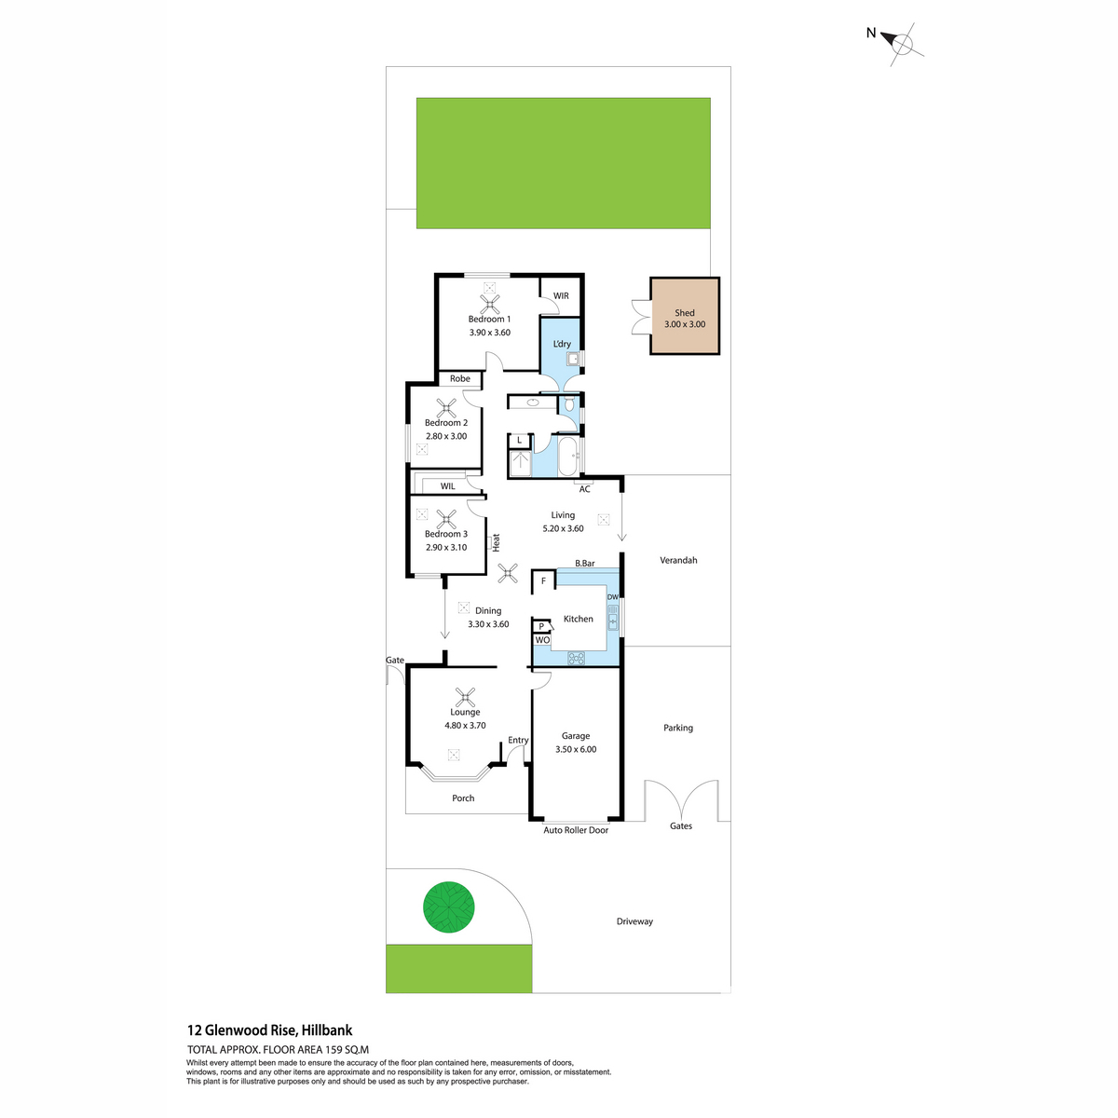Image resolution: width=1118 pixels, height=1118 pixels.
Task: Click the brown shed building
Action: (x=684, y=316)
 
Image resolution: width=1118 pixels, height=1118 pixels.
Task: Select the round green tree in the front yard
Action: (x=448, y=907)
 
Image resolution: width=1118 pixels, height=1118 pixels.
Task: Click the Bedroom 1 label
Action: (x=489, y=320)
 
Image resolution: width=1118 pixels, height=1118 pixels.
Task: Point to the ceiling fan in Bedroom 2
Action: (x=445, y=408)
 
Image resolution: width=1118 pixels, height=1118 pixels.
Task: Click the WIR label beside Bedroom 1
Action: (x=561, y=296)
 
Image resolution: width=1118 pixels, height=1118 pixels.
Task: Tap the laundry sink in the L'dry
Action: (x=573, y=359)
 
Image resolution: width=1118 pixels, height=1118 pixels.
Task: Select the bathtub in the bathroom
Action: (x=566, y=457)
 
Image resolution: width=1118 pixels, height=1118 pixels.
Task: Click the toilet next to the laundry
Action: (x=569, y=403)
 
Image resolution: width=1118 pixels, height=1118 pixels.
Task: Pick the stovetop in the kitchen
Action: (x=576, y=658)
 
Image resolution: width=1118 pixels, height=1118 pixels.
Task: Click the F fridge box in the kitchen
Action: (x=543, y=580)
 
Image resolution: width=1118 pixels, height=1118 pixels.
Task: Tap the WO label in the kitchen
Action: (x=542, y=640)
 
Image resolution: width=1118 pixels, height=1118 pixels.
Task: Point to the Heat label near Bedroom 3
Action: (x=496, y=542)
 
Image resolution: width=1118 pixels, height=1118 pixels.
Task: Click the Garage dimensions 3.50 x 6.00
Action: (x=576, y=749)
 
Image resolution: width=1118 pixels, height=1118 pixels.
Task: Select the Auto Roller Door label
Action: (x=576, y=830)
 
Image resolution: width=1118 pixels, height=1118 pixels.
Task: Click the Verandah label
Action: (x=678, y=561)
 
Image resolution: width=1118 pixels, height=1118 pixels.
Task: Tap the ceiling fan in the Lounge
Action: (x=465, y=697)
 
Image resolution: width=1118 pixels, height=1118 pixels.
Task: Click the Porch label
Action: (x=463, y=798)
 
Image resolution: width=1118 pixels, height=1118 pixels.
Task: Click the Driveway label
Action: (x=634, y=921)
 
